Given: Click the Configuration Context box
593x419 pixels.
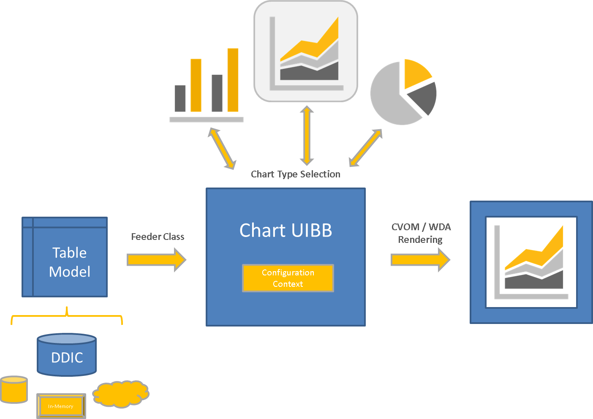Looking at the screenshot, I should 288,278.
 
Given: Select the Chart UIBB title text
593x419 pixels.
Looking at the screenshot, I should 286,231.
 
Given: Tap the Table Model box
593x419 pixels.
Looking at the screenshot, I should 65,257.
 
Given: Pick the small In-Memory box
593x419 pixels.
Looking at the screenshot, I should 61,406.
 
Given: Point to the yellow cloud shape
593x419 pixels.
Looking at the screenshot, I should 121,394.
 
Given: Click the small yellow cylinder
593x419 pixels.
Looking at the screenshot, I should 14,389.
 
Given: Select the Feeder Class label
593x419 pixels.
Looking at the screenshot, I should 158,237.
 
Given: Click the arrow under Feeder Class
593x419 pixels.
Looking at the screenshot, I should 156,259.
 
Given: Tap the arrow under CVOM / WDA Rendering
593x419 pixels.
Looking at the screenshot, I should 420,259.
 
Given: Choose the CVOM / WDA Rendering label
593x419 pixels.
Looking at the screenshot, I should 421,233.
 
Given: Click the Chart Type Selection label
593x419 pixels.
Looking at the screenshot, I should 295,174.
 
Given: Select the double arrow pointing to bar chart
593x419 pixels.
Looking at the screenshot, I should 222,149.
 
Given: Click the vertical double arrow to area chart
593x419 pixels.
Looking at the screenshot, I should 307,135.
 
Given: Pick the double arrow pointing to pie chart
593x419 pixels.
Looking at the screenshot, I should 365,148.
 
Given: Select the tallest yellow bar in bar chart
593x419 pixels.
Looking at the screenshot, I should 233,80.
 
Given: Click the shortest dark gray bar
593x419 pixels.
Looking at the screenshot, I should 180,98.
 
